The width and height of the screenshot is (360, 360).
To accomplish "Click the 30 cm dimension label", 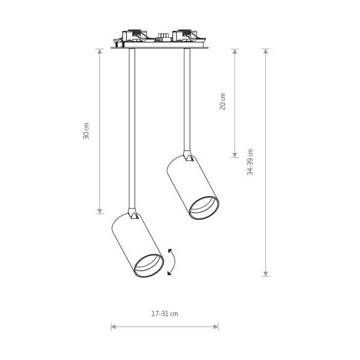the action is [86, 131].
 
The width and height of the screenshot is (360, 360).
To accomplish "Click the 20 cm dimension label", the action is [223, 101].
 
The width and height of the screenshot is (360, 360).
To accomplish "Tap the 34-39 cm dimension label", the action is [250, 162].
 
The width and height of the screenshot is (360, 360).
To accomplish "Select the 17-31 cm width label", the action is [164, 314].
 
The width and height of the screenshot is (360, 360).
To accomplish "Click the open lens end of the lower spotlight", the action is [149, 266].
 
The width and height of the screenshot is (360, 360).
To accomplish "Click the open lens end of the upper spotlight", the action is [204, 208].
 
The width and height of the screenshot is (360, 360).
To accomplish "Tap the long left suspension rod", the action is [132, 128].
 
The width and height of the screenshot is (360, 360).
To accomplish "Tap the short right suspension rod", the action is [187, 100].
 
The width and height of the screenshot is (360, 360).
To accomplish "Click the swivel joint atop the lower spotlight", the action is [133, 214].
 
